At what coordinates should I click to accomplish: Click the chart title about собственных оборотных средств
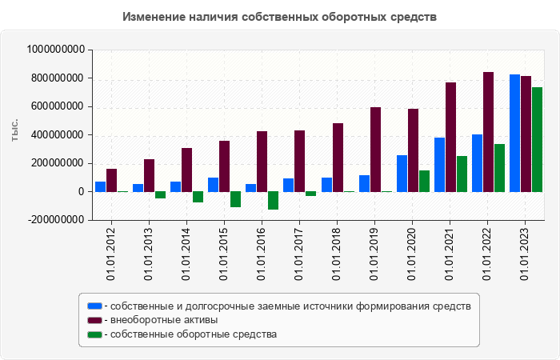[280, 17]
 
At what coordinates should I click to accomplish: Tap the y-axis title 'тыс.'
[15, 130]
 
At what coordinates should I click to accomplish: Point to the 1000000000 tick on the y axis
[56, 50]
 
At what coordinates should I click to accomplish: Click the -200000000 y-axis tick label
[54, 220]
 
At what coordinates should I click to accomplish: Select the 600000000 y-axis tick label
[57, 106]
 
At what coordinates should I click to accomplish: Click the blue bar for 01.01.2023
[514, 133]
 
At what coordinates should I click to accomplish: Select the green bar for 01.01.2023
[537, 139]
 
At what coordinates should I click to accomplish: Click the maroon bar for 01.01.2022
[488, 132]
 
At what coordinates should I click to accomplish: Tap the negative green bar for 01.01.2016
[273, 200]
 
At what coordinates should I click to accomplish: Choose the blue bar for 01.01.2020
[402, 174]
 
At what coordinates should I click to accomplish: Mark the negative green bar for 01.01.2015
[235, 199]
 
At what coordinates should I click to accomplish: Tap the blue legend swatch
[94, 306]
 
